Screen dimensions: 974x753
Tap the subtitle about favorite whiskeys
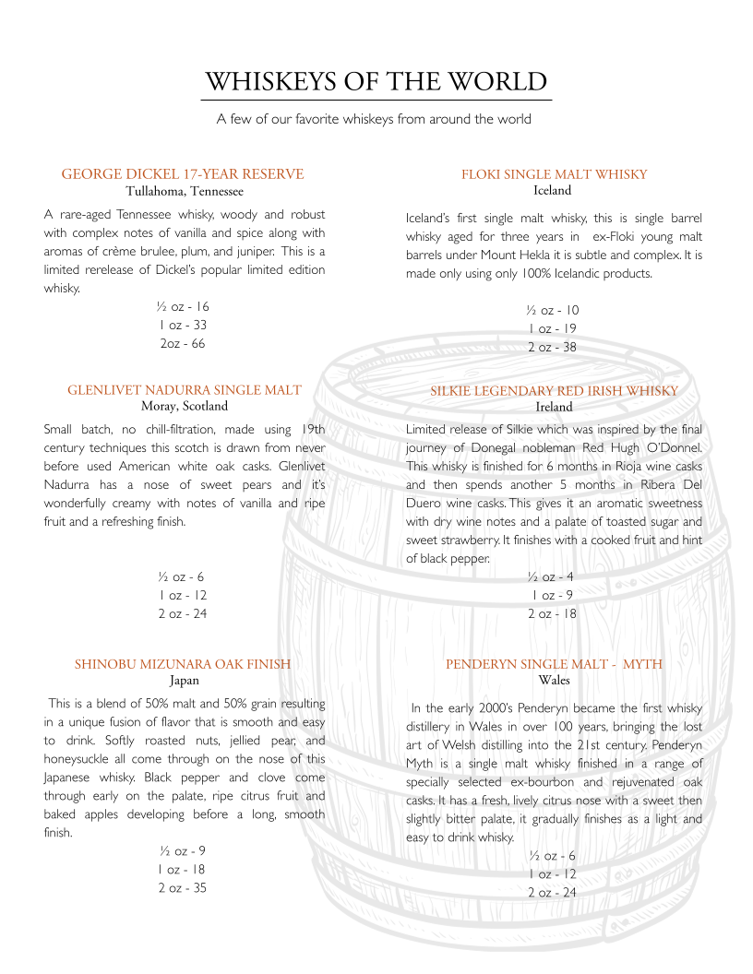pos(374,119)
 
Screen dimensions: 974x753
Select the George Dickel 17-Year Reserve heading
pos(183,174)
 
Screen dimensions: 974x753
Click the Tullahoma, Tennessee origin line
pos(185,191)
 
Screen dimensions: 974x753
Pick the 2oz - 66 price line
pos(183,343)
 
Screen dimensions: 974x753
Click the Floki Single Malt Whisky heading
pos(555,174)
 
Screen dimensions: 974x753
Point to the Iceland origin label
pos(553,191)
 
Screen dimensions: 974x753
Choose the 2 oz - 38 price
pos(552,347)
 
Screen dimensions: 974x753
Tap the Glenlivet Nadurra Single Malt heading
pos(185,390)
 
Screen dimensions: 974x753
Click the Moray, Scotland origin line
pos(185,406)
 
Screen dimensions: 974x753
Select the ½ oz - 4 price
pos(551,576)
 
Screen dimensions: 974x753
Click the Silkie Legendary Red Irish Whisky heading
pos(555,391)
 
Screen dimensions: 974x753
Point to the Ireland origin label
pos(554,407)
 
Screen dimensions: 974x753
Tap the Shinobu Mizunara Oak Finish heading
pos(183,664)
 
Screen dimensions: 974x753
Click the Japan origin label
pos(185,681)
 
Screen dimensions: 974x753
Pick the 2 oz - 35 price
pos(182,887)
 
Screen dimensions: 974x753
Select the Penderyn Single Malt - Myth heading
pos(555,664)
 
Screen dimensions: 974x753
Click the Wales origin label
pos(554,681)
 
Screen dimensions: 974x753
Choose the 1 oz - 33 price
pos(183,325)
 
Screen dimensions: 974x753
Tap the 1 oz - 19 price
pos(552,328)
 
